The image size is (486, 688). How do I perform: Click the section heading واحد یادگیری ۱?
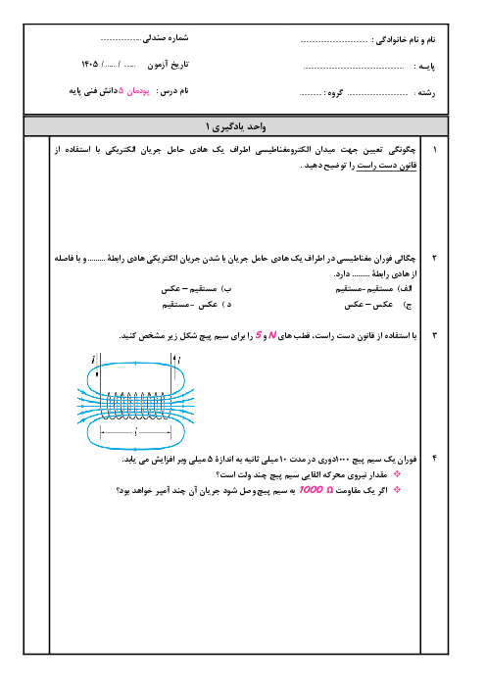coord(236,126)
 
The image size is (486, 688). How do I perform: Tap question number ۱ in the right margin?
coord(435,150)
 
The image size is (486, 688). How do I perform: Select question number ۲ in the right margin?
coord(434,258)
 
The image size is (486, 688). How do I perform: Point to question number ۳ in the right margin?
coord(434,335)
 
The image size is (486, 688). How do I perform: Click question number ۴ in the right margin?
coord(434,459)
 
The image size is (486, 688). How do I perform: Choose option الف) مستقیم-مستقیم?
coord(373,289)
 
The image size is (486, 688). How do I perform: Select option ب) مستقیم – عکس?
coord(196,289)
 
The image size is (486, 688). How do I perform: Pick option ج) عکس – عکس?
coord(377,305)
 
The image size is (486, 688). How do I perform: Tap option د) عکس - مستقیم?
coord(197,305)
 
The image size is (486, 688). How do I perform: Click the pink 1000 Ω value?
coord(316,490)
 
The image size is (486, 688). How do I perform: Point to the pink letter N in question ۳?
coord(272,335)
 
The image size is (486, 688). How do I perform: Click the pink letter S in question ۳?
coord(259,335)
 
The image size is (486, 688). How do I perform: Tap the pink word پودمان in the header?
coord(138,91)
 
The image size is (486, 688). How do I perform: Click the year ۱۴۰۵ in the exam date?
coord(89,65)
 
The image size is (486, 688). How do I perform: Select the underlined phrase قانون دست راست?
coord(386,166)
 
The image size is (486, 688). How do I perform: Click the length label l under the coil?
coord(136,432)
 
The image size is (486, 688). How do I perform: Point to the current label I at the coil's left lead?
coord(93,361)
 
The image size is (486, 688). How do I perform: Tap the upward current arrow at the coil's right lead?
coord(174,361)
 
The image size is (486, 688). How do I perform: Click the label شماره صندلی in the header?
coord(166,38)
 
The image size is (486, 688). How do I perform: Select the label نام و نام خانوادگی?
coord(404,40)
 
